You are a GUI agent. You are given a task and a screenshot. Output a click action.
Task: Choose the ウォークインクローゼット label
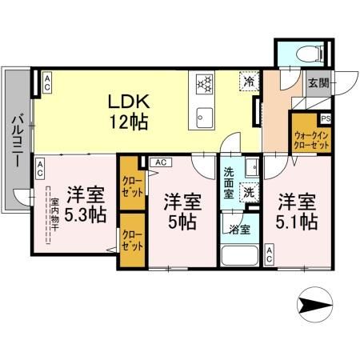[311, 141]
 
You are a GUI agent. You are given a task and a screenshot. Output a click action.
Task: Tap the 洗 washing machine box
[249, 193]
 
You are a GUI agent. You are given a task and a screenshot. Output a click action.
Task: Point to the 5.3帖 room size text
[86, 214]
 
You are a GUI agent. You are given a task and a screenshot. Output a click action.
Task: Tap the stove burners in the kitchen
[202, 82]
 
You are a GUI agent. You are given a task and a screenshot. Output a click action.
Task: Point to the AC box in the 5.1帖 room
[270, 256]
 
